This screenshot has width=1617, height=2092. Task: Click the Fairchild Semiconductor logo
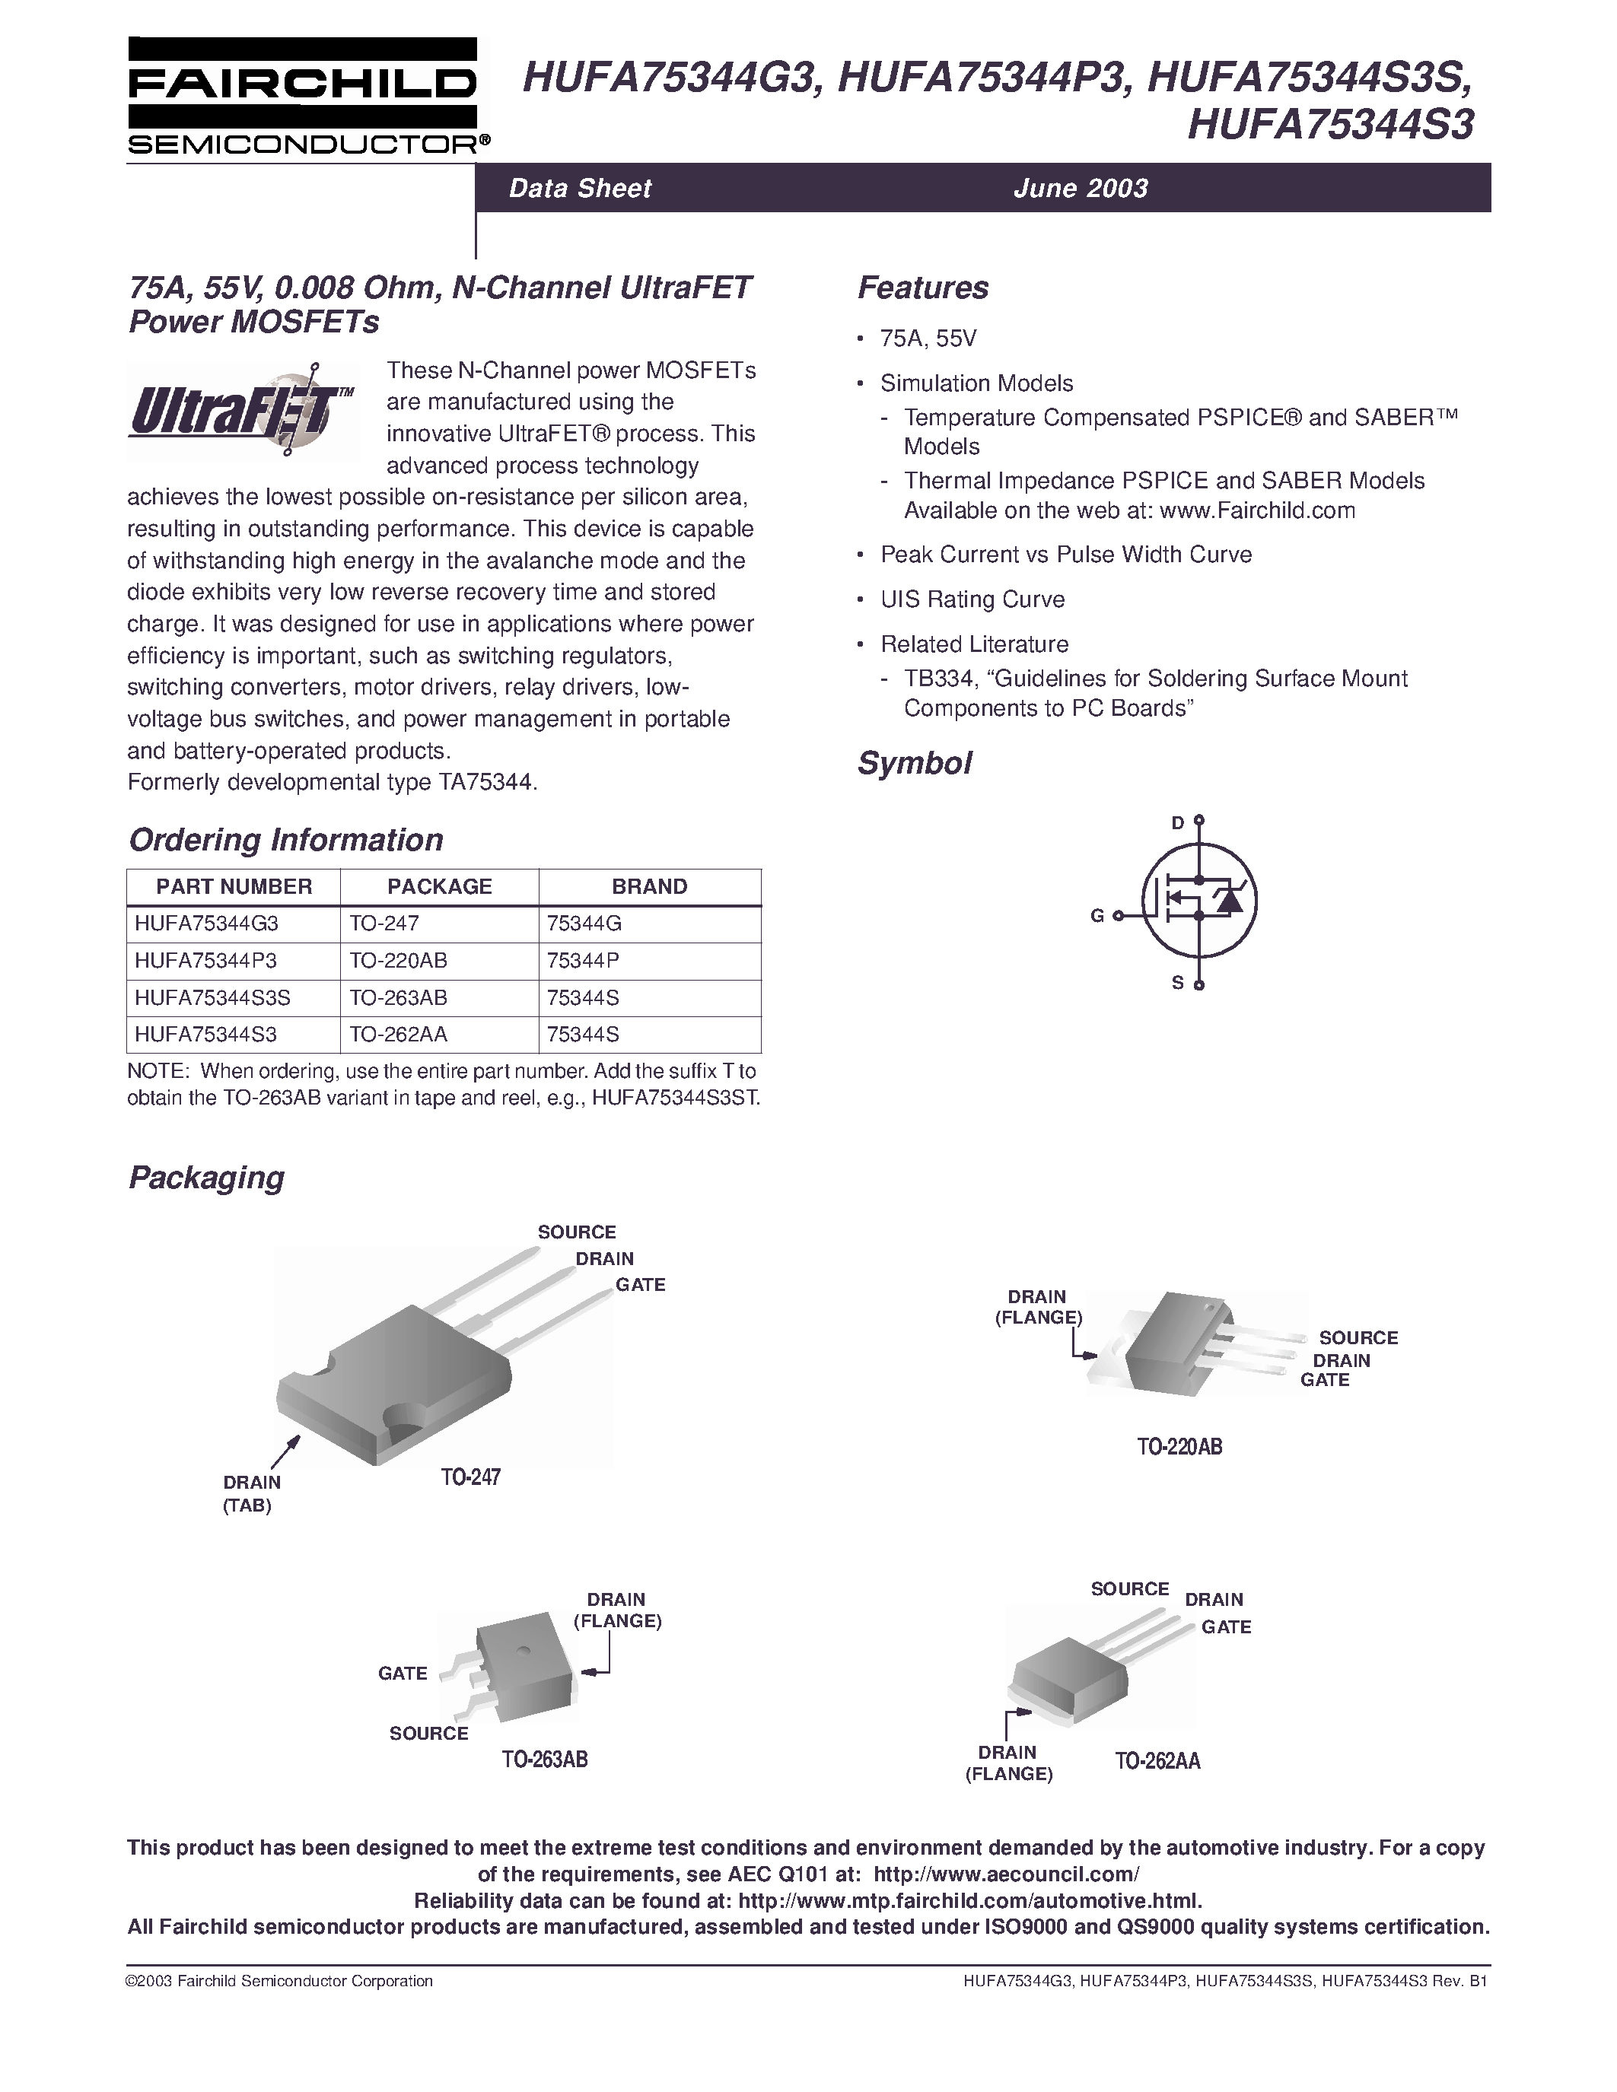[302, 97]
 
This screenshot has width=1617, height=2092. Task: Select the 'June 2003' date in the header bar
[1081, 188]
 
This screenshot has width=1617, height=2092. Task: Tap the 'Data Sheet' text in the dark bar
[580, 188]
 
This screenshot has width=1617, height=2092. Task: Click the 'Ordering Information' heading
[285, 840]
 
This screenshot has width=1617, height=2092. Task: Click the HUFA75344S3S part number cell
[212, 997]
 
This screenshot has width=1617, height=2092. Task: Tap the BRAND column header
[650, 887]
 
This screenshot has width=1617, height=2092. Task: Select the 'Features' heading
[922, 288]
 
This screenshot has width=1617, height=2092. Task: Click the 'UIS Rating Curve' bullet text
[972, 599]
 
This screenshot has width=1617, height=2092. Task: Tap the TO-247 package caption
[470, 1477]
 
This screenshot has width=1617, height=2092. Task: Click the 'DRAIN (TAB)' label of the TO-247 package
[251, 1493]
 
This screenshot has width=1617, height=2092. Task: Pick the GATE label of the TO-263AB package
[403, 1674]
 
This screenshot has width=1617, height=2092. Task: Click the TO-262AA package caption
[1157, 1760]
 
